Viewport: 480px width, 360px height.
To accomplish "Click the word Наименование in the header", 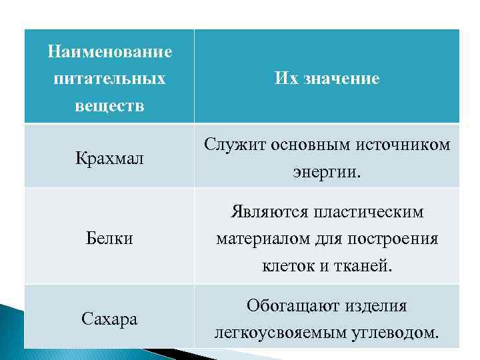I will pos(110,51).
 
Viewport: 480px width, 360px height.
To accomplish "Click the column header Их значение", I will pos(327,79).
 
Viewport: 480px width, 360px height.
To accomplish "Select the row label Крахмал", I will pos(110,159).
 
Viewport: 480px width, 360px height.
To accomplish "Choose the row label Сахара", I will pos(110,319).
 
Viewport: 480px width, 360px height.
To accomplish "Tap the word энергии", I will pos(326,173).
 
